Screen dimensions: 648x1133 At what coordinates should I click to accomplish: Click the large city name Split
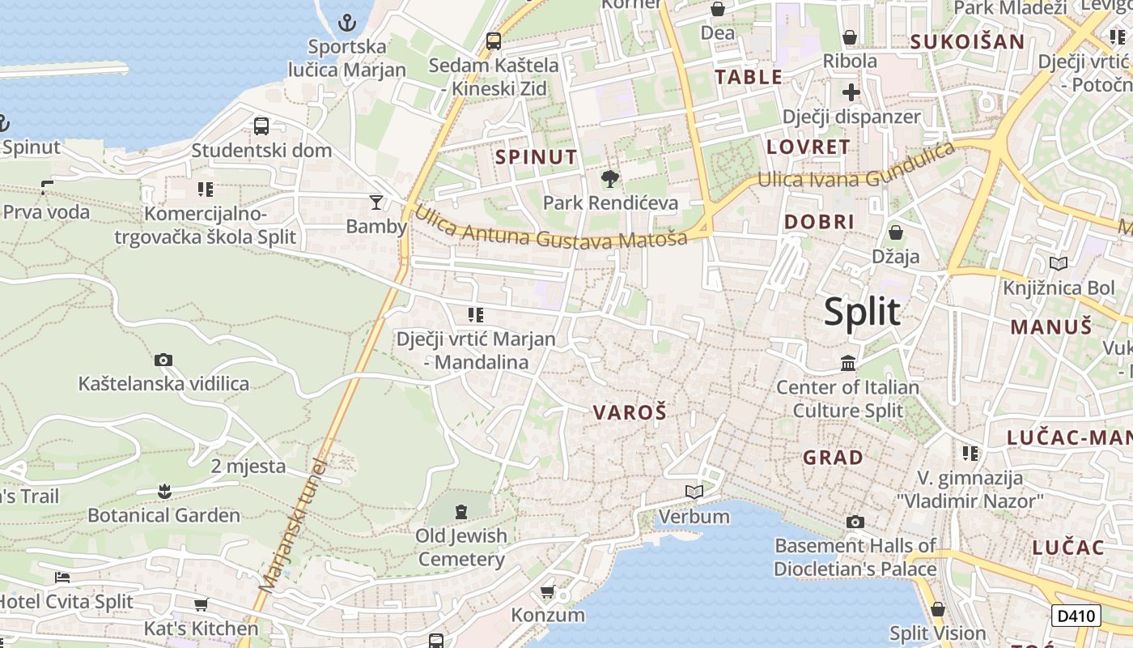(862, 312)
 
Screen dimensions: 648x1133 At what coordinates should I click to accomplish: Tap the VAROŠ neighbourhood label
(630, 412)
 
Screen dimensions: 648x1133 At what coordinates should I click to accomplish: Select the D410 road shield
(1076, 616)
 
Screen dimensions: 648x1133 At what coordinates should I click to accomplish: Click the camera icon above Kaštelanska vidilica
(163, 360)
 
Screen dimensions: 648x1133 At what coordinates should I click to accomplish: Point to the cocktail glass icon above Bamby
(376, 202)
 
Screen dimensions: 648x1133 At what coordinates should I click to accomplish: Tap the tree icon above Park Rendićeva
(610, 178)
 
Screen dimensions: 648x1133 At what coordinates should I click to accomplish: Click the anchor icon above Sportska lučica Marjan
(347, 22)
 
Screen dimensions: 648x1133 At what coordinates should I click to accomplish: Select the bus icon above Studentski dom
(261, 126)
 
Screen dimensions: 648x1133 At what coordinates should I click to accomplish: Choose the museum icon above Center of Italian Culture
(848, 363)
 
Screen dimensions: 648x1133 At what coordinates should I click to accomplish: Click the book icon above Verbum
(694, 492)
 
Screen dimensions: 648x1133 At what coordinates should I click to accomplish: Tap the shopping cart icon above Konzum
(548, 591)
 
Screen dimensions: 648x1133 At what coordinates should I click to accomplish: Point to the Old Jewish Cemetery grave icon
(461, 511)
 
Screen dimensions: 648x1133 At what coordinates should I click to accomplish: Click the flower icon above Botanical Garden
(164, 491)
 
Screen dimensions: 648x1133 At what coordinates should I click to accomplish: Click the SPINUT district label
(537, 157)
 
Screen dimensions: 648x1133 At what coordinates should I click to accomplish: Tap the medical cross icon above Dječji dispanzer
(851, 92)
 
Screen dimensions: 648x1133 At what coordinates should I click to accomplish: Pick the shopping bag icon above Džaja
(896, 232)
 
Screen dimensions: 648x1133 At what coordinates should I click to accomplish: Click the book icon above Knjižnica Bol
(1058, 263)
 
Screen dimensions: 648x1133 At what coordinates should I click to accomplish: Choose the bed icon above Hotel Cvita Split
(62, 578)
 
